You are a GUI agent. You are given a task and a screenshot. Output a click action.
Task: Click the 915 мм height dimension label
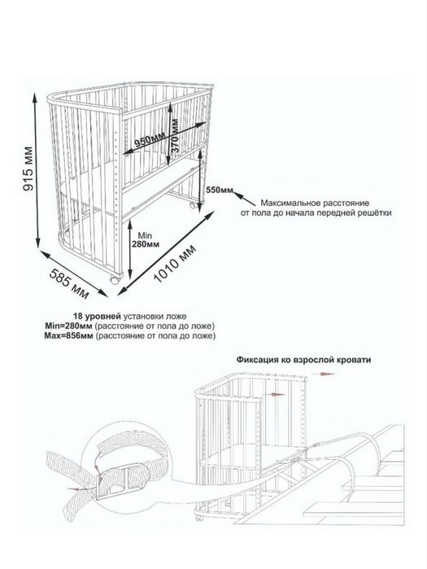(x=28, y=169)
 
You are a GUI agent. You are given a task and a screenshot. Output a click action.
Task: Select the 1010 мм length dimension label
(x=175, y=264)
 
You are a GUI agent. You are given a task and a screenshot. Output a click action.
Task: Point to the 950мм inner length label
(x=149, y=140)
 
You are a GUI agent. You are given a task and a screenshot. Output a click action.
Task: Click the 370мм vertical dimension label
(x=175, y=137)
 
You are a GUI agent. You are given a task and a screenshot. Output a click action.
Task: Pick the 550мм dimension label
(x=220, y=190)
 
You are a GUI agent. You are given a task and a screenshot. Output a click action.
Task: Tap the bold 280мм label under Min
(x=146, y=244)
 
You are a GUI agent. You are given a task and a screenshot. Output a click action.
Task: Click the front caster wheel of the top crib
(x=115, y=280)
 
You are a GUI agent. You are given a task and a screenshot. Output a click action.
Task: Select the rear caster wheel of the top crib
(x=194, y=206)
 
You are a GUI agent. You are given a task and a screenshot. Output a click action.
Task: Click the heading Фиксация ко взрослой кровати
(x=303, y=360)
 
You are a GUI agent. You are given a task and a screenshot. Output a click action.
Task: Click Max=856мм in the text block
(x=68, y=335)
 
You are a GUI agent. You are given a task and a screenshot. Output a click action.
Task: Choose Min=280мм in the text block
(x=68, y=326)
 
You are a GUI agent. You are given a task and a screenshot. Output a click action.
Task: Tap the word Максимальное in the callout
(x=289, y=203)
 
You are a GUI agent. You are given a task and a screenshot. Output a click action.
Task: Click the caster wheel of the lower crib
(x=199, y=518)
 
